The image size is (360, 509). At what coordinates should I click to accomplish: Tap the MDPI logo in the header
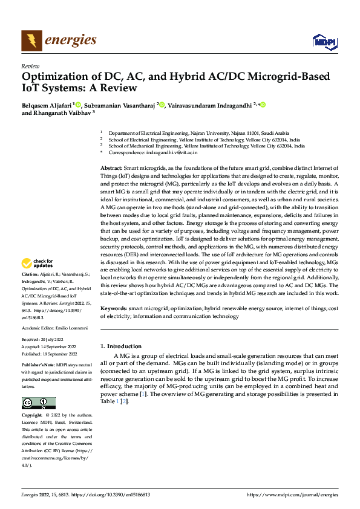coord(324,41)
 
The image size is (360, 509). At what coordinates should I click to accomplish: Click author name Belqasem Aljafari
coord(47,105)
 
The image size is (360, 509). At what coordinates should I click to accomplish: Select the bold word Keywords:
coord(113,308)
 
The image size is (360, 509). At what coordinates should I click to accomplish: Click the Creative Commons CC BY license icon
coord(38,403)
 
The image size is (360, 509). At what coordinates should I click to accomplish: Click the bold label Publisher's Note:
coord(38,366)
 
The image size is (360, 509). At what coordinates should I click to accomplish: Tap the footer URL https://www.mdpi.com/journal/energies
coord(293,494)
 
